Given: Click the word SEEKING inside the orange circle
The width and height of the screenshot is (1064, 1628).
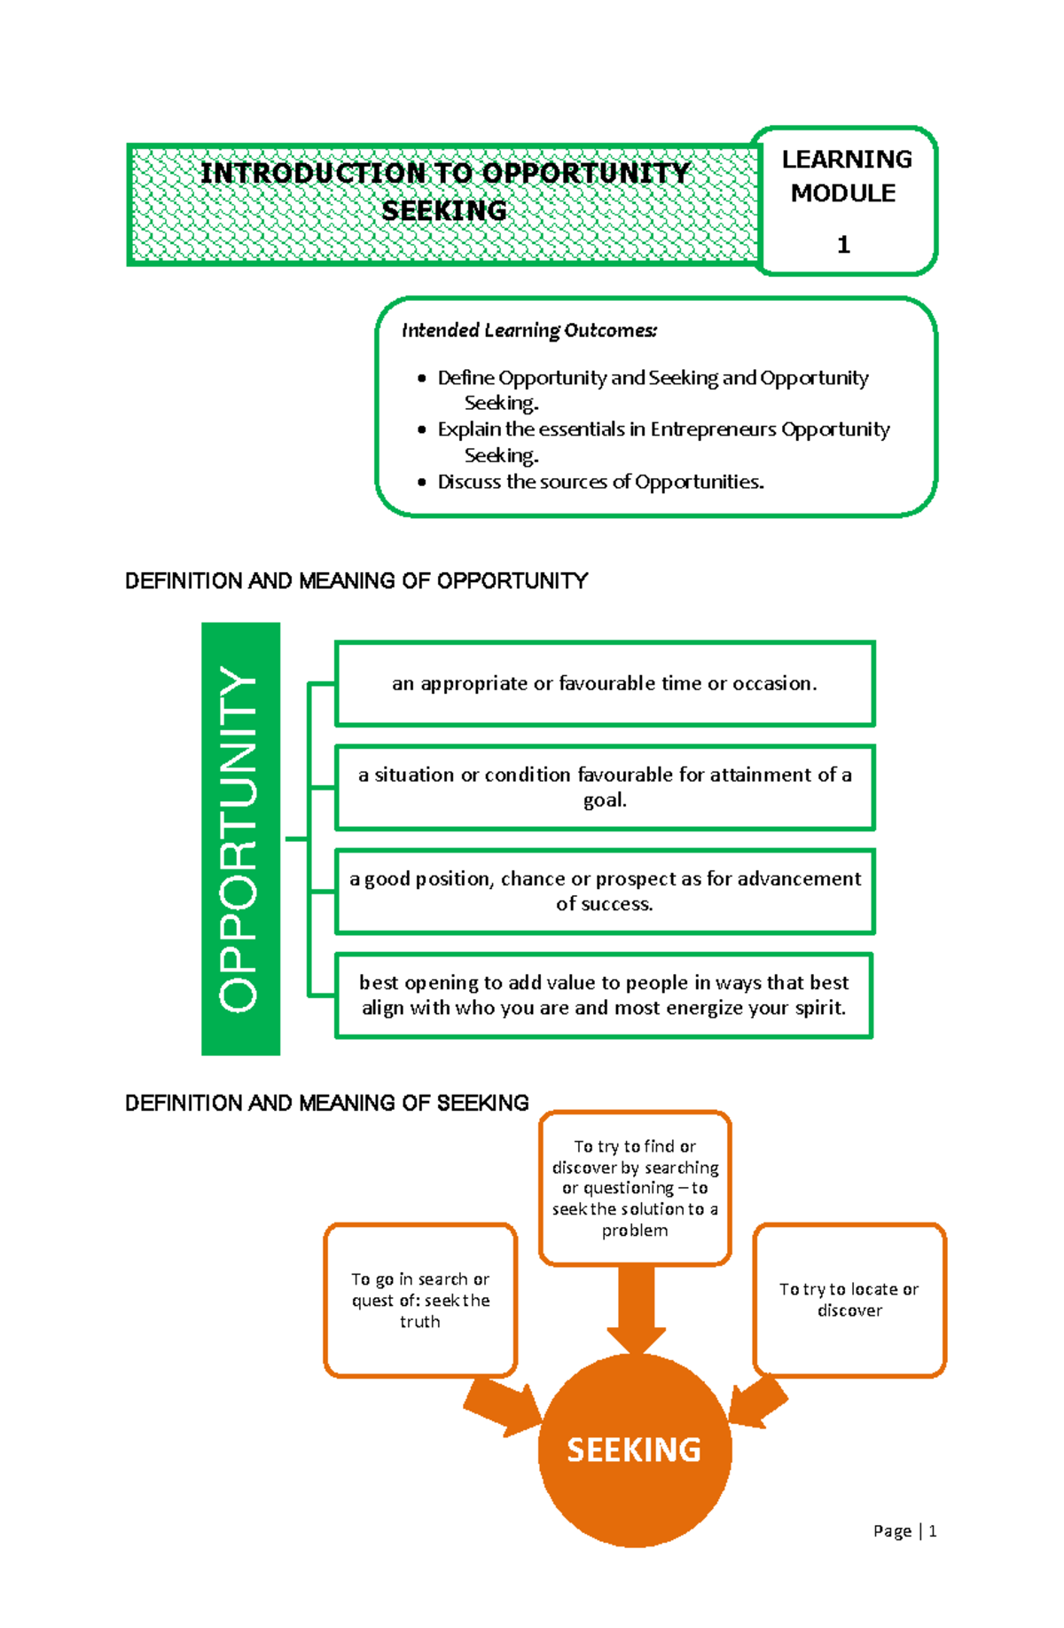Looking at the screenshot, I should [634, 1450].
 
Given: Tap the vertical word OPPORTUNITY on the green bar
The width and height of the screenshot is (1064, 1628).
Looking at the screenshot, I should [239, 838].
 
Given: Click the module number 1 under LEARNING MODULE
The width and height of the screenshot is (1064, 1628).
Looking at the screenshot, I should [843, 245].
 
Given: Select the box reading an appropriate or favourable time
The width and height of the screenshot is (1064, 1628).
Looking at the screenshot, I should [605, 683].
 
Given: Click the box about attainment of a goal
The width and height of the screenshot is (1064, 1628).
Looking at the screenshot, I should [605, 787].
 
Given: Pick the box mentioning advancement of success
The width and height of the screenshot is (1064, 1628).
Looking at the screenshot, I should [605, 891].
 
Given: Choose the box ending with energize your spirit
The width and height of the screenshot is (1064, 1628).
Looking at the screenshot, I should [604, 995].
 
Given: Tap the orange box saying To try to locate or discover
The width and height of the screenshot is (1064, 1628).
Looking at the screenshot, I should [849, 1299].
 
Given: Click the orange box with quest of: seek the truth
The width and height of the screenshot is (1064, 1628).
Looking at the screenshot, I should [419, 1300].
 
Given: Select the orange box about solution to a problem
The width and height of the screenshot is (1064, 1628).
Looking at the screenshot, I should [635, 1187].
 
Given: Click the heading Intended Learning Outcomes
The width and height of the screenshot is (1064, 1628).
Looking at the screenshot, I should [529, 331].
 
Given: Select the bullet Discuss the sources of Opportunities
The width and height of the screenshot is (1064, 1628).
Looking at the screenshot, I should [600, 482].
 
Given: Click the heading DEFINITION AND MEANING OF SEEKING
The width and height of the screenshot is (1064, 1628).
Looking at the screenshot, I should [326, 1103].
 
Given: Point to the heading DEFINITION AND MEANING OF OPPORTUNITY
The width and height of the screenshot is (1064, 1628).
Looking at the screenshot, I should [356, 581].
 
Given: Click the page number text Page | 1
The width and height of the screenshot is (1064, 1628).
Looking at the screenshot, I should [904, 1530].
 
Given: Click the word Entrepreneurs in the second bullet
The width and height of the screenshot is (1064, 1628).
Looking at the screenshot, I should [713, 429].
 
